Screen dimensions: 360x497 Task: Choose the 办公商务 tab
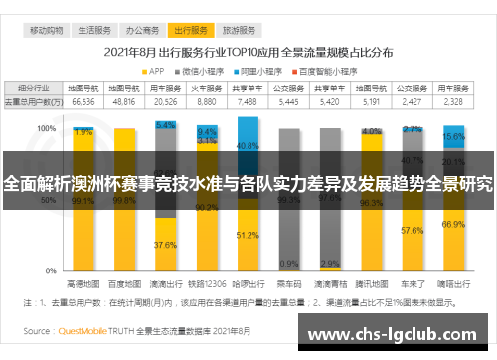[x=145, y=32]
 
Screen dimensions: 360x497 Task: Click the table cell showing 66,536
[x=83, y=101]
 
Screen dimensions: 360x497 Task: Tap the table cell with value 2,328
[x=453, y=101]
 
